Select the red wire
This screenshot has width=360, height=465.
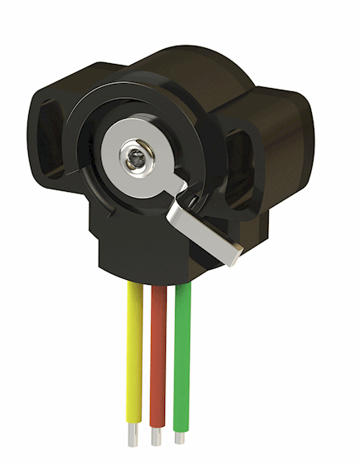click(158, 357)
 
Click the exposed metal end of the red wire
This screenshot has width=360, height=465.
click(156, 438)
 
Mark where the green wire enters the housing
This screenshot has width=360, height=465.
click(183, 286)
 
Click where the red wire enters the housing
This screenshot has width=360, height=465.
click(158, 289)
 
